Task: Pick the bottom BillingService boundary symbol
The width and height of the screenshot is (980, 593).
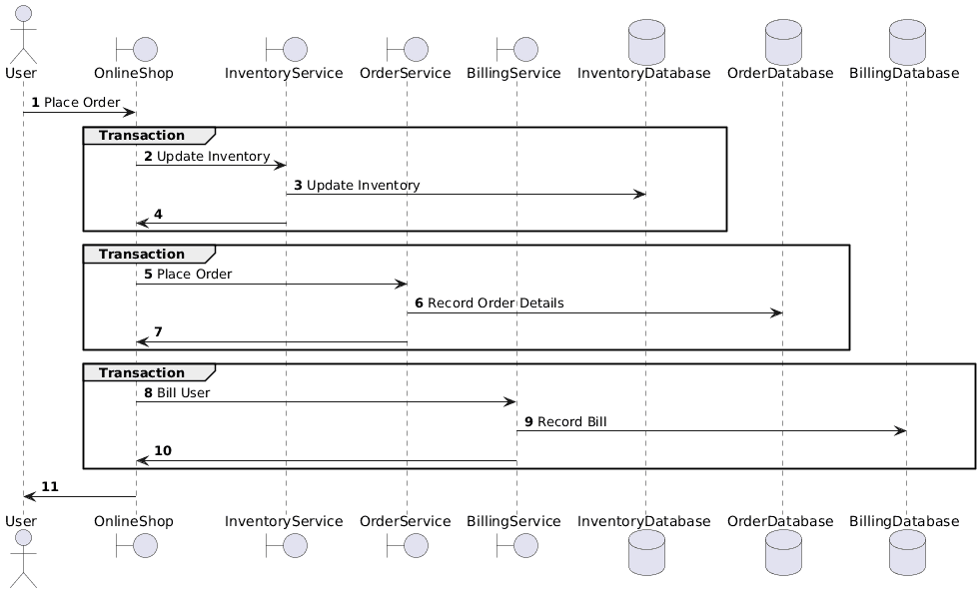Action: click(516, 545)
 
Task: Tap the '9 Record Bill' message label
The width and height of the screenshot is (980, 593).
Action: click(564, 421)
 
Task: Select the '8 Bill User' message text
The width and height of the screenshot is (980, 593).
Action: click(177, 392)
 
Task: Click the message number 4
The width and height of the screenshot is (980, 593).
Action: click(158, 214)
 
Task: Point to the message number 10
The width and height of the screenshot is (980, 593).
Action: click(162, 450)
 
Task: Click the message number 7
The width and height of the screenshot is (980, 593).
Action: click(158, 331)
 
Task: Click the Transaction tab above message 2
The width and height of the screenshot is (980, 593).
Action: click(149, 135)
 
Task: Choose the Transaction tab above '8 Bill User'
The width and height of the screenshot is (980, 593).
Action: click(149, 372)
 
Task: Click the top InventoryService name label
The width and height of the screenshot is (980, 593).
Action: click(284, 73)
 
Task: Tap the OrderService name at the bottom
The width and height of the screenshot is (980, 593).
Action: click(407, 520)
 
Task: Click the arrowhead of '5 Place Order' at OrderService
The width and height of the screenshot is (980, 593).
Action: click(401, 284)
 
